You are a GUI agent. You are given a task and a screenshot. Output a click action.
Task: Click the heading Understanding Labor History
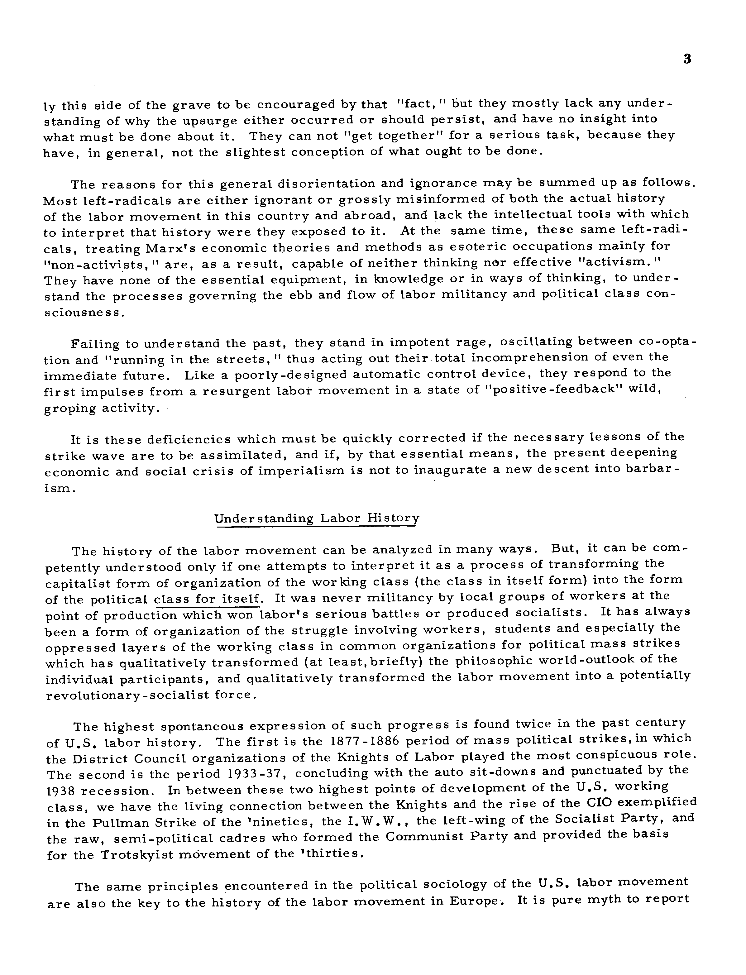pos(317,518)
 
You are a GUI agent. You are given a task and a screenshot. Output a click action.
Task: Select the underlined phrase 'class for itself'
pos(207,600)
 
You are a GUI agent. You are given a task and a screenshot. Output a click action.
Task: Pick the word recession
pos(119,791)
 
